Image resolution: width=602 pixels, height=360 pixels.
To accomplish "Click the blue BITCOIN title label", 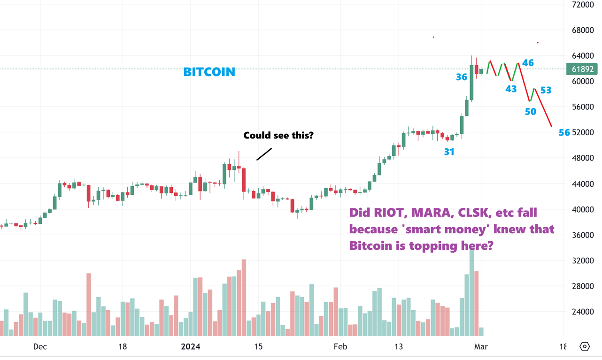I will pos(209,72).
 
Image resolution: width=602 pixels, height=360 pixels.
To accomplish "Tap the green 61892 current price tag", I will pos(583,69).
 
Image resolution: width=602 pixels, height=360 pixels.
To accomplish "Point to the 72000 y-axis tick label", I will pos(582,5).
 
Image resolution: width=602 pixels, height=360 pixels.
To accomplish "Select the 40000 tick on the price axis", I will pos(582,209).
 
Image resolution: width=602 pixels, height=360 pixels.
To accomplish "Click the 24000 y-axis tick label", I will pos(582,312).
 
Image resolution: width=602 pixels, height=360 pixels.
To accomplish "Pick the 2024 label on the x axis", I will pos(191,347).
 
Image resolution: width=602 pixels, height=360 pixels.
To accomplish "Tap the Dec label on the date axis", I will pos(40,347).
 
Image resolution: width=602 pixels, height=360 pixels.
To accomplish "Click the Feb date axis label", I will pos(340,347).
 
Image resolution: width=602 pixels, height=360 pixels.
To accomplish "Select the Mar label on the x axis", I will pos(481,347).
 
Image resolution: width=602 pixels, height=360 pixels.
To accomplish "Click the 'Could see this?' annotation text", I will pos(278,136).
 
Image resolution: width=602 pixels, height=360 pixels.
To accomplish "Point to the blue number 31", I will pos(449,152).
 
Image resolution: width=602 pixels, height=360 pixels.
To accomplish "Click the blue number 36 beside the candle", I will pos(461,77).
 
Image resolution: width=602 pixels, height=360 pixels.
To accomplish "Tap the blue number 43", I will pos(511,89).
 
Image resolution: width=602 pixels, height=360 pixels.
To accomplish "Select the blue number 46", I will pos(528,62).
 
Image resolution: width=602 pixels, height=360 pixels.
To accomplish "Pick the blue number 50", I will pos(530,112).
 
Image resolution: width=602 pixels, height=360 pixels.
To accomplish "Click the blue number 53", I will pos(546,90).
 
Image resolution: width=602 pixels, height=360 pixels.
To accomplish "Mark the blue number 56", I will pos(564,133).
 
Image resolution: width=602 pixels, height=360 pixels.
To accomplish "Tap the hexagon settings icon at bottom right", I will pos(585,346).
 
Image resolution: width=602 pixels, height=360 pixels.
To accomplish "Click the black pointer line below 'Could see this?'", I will pos(264,154).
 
